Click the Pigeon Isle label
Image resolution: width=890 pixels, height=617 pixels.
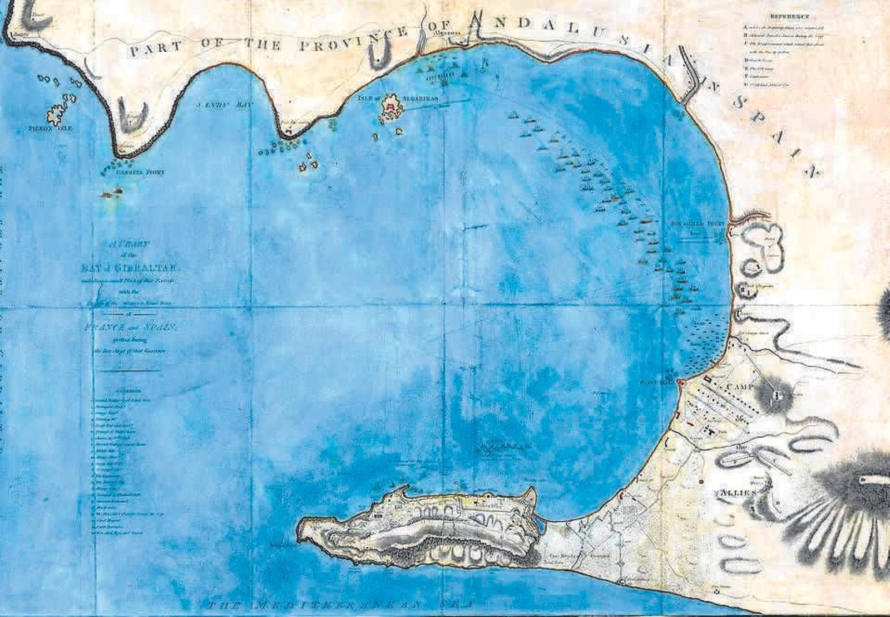click(x=50, y=128)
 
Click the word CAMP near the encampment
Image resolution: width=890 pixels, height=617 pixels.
click(x=740, y=386)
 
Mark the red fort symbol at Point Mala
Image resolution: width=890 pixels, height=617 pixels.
click(x=680, y=383)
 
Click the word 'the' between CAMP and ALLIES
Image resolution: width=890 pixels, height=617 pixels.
click(x=740, y=447)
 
